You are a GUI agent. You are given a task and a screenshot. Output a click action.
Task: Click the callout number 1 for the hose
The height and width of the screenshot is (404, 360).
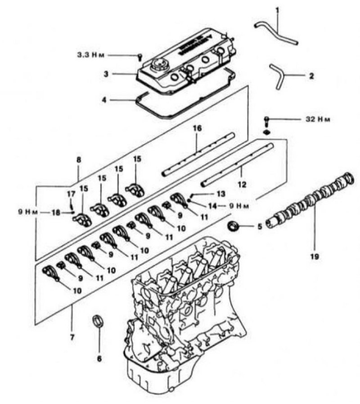(x=277, y=10)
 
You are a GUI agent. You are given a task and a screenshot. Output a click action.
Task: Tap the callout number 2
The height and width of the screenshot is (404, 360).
(x=311, y=76)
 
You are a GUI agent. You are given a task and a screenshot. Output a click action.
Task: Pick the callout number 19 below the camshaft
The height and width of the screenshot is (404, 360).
(x=315, y=256)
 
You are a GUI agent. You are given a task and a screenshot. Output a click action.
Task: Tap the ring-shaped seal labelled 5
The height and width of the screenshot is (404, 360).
(x=233, y=226)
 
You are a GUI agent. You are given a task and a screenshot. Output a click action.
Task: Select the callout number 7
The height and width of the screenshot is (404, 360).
(x=72, y=337)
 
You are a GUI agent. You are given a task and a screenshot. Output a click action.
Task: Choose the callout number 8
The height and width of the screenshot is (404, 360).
(x=79, y=160)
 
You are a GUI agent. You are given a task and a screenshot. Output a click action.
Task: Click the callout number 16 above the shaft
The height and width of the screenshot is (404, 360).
(x=197, y=128)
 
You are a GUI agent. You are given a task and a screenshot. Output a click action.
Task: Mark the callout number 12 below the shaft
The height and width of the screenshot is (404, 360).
(x=242, y=185)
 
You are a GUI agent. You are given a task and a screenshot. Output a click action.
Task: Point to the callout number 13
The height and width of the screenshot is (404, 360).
(x=221, y=194)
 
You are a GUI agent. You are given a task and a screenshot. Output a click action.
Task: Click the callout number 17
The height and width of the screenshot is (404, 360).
(x=71, y=194)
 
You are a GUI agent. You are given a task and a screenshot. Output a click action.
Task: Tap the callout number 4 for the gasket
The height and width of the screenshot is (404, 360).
(x=104, y=100)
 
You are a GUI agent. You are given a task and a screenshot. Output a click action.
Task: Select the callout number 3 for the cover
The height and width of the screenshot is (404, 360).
(x=106, y=74)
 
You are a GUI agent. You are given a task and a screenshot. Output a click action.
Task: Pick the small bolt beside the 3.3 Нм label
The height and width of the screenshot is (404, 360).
(x=140, y=57)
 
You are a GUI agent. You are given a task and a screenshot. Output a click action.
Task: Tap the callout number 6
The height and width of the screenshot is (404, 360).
(x=99, y=359)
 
